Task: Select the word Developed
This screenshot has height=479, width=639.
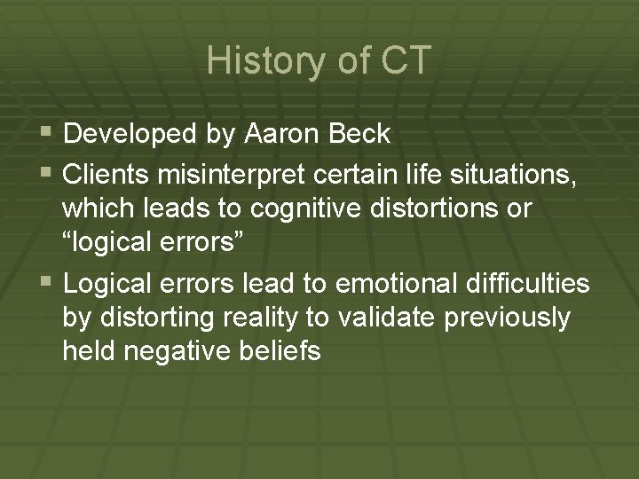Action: tap(130, 134)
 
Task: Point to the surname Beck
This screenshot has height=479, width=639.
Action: tap(359, 134)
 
